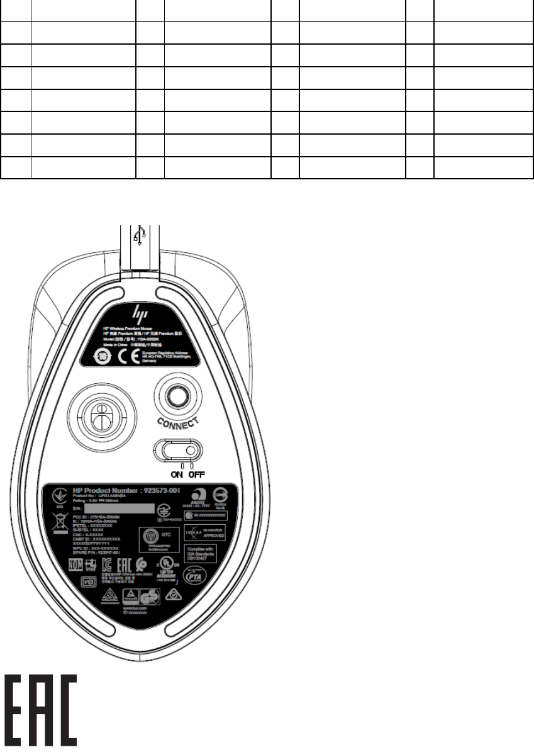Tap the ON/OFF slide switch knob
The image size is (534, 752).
pyautogui.click(x=191, y=451)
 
